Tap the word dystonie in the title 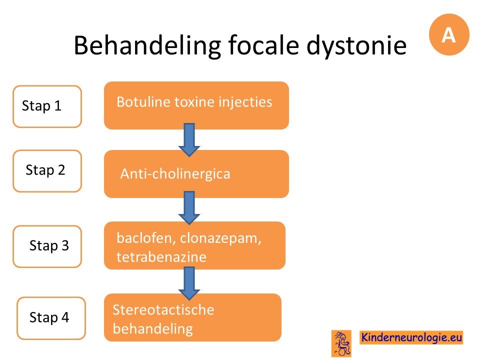click(x=356, y=46)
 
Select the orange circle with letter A click(x=449, y=34)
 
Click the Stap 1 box click(x=47, y=106)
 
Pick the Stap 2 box click(x=47, y=171)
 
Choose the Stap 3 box click(x=47, y=246)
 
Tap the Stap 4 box click(x=51, y=318)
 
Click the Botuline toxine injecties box click(x=196, y=105)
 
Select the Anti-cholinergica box click(x=196, y=174)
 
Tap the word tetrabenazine click(x=161, y=257)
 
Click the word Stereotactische click(x=163, y=310)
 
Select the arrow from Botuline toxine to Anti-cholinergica click(x=189, y=140)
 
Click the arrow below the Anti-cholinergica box click(x=189, y=208)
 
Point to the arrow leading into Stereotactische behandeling click(x=189, y=283)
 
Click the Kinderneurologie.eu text click(x=411, y=337)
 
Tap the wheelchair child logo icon click(x=341, y=343)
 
